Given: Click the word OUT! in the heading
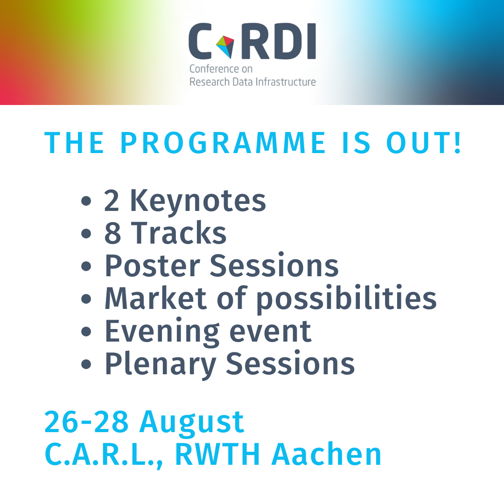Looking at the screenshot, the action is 424,143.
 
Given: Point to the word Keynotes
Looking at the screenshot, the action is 198,201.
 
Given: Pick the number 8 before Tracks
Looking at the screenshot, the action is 112,233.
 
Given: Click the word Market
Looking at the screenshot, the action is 156,298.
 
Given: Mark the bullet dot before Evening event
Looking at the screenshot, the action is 86,331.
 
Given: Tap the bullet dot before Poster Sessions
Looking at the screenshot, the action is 86,266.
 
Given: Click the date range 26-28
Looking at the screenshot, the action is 86,421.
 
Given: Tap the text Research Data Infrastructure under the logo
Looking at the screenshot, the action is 252,82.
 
